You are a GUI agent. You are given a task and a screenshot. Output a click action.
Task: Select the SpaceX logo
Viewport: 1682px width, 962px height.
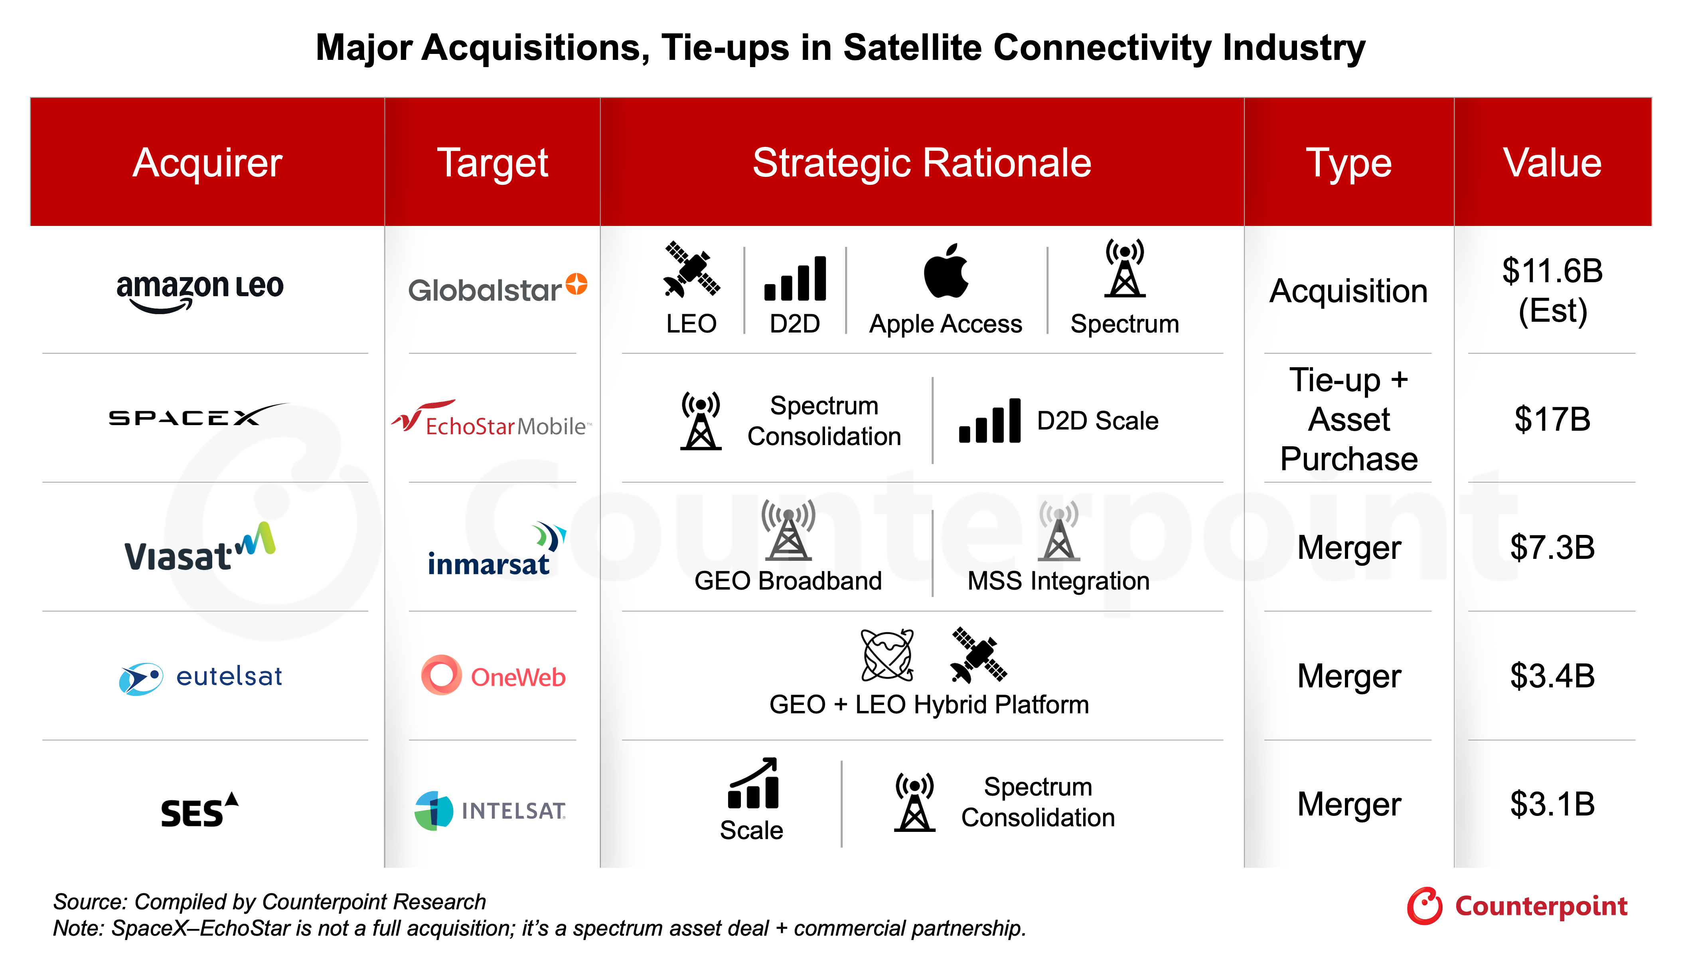(198, 415)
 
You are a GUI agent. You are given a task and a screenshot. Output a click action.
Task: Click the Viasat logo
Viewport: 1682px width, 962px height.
(199, 547)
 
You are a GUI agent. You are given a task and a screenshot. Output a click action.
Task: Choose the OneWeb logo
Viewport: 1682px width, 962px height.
(493, 675)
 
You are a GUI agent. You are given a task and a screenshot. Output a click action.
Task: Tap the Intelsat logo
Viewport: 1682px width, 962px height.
(490, 811)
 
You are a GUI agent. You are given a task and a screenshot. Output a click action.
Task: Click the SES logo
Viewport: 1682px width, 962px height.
(199, 810)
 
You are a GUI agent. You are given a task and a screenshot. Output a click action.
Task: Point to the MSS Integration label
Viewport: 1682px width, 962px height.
(1058, 581)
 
